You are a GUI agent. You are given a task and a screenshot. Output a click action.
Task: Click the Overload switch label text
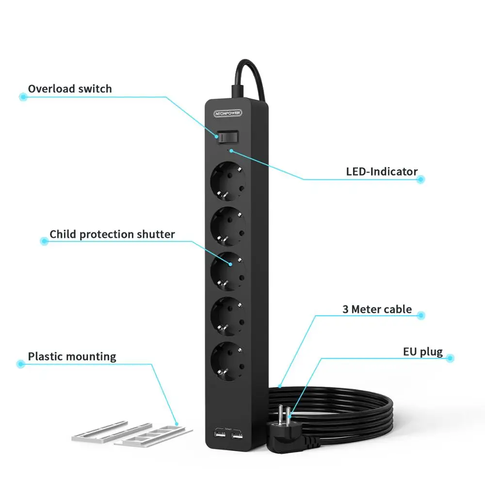69,89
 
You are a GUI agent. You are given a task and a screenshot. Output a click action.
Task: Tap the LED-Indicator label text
381,171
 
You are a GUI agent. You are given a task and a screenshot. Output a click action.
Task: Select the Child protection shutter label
112,234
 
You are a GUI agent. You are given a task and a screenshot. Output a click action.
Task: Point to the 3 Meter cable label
377,309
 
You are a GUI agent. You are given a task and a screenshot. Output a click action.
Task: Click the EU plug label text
422,352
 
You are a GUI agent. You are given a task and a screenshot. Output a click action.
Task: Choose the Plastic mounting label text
72,356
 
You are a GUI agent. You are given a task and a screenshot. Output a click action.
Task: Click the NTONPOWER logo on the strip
230,113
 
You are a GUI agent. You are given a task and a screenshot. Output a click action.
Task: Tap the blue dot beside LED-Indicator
420,179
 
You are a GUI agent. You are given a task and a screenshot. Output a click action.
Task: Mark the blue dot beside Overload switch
22,97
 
